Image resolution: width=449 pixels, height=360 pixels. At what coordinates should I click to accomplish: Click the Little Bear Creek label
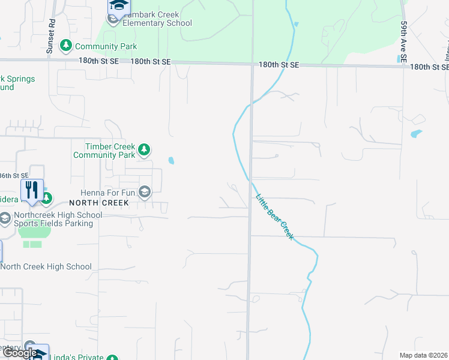coord(275,217)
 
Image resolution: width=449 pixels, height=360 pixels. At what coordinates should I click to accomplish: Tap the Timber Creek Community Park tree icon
coord(143,149)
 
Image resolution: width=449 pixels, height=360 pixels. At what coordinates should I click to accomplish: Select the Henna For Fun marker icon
coord(144,192)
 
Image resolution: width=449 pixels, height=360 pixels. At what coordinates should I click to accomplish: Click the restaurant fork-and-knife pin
coord(32,190)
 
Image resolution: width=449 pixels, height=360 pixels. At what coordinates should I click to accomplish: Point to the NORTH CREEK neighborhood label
coord(99,203)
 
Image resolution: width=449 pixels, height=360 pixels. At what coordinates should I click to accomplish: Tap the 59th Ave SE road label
coord(405,42)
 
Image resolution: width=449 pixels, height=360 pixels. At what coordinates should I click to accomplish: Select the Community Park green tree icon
coord(65,46)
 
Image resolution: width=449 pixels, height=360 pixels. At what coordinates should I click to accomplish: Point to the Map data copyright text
coord(423,355)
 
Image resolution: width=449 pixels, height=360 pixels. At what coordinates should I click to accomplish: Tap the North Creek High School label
coord(46,266)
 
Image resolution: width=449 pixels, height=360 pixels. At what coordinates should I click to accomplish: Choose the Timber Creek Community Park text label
coord(104,151)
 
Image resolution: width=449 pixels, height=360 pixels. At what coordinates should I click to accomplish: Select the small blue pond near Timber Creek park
coord(172,161)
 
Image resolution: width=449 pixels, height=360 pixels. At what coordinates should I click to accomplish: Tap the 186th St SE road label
coord(13,176)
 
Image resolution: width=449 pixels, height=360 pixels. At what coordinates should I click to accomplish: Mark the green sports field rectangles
coord(32,244)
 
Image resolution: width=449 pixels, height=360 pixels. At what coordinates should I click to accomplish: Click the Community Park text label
coord(106,46)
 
